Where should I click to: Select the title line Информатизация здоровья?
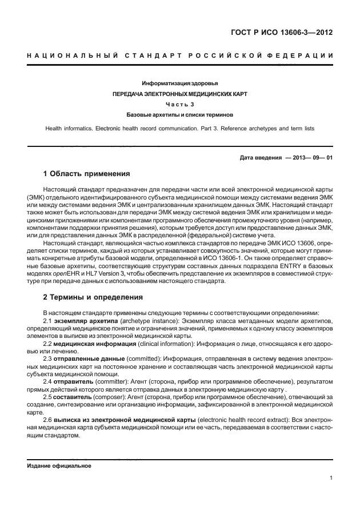[180, 83]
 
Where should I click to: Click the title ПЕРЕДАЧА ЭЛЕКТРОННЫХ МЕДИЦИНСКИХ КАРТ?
[180, 94]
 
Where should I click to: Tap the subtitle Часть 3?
[180, 104]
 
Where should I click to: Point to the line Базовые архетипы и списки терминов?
[180, 114]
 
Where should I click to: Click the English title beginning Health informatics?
[180, 129]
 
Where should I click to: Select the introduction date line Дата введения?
[286, 158]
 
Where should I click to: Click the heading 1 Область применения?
[87, 173]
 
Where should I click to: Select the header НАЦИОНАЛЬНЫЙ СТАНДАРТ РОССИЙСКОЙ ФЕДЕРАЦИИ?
[180, 55]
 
